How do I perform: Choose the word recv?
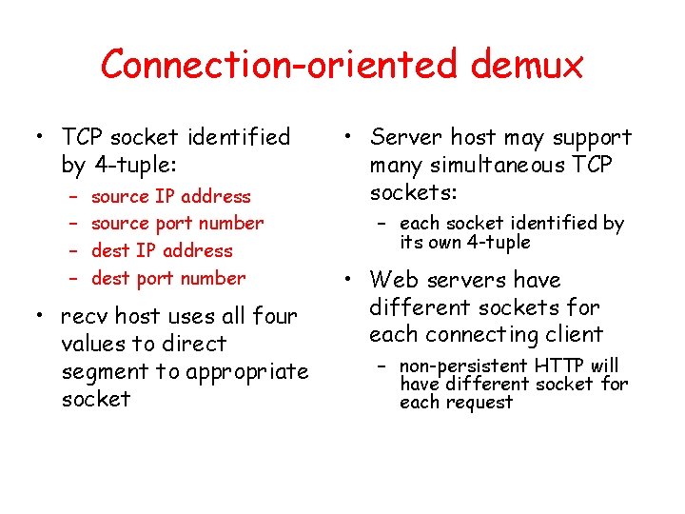click(85, 316)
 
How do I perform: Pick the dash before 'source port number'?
click(72, 224)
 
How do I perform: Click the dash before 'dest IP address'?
click(72, 251)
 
